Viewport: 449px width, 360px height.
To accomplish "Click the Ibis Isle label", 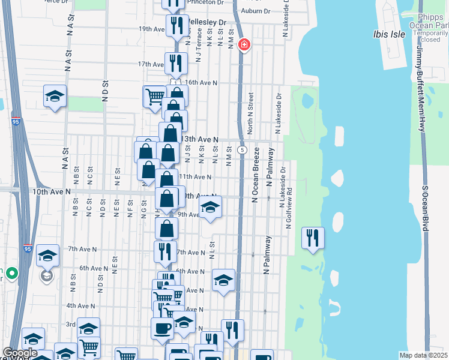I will [388, 34].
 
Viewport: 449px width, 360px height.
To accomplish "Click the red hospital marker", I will [244, 44].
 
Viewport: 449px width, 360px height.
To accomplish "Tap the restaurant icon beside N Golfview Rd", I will [312, 237].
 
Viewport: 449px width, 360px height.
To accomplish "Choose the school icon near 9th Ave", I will [210, 207].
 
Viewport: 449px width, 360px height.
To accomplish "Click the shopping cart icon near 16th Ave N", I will [154, 95].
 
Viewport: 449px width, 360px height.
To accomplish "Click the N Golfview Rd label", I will [289, 209].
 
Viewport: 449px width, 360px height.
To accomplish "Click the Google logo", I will [20, 353].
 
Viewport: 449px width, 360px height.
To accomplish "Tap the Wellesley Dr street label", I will [207, 23].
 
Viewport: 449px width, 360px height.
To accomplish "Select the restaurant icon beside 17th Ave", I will [175, 63].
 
